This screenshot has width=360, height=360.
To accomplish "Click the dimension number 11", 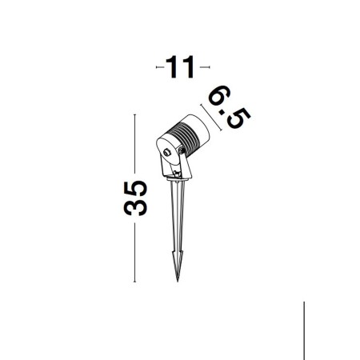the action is coord(179,67).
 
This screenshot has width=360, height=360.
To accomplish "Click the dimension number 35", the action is coord(135,198).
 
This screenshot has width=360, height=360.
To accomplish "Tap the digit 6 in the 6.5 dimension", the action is coord(219,95).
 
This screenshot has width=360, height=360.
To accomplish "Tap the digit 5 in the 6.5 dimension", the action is coord(238,118).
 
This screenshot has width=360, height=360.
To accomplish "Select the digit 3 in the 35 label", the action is coord(135,207).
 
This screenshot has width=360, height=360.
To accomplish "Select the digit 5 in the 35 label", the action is coord(135,189).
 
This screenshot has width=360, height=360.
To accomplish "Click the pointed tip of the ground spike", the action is coord(178,281).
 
